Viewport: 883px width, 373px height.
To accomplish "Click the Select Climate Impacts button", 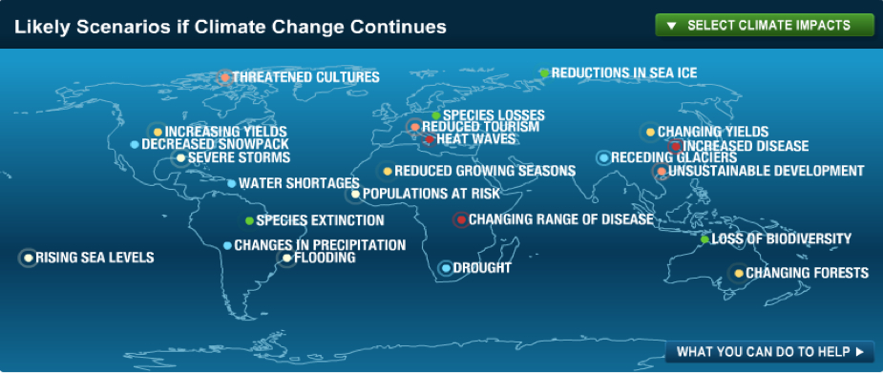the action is click(765, 26).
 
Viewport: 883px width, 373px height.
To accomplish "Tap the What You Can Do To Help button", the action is click(769, 352).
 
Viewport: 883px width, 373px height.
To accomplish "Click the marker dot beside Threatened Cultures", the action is click(225, 77).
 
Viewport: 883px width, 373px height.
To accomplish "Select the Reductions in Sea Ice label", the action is click(624, 73).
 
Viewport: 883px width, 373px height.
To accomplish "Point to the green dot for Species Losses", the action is click(436, 115).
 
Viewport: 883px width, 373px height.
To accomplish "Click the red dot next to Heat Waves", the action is click(430, 139).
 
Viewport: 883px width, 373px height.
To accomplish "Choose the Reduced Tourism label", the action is click(480, 127).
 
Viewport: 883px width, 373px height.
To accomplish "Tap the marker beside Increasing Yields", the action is click(158, 133).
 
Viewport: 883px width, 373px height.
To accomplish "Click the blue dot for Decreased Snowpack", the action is click(134, 145).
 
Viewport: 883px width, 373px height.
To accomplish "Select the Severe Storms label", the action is click(239, 157).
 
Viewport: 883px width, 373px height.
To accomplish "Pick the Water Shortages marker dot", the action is click(231, 183).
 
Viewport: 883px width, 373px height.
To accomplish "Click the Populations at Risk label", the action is click(431, 194).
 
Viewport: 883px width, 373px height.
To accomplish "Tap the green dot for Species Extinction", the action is click(249, 220).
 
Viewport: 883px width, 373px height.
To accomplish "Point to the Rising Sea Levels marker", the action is click(28, 258).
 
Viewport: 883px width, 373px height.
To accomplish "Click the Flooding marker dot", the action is click(286, 259).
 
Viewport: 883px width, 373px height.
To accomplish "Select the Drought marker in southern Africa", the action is click(446, 268).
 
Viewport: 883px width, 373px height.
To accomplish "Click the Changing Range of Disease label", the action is click(561, 218).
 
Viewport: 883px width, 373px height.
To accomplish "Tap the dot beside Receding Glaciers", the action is click(603, 158).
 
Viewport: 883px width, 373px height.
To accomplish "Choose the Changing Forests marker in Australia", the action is click(738, 274).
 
